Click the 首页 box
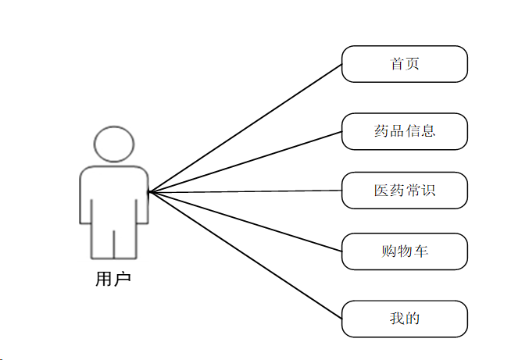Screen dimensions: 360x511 tap(405, 64)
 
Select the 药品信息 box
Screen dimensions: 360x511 tap(405, 131)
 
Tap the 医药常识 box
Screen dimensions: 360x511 tap(405, 191)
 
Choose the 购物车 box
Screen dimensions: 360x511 tap(405, 251)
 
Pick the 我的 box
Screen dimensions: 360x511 tap(405, 319)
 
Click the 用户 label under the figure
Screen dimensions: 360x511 tap(113, 279)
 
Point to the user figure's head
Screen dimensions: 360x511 tap(113, 144)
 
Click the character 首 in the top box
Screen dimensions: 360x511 tap(397, 64)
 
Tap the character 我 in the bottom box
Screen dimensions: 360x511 tap(397, 319)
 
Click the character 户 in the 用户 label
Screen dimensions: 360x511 tap(122, 279)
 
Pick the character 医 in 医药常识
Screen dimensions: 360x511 tap(381, 191)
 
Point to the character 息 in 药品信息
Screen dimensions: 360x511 tap(427, 131)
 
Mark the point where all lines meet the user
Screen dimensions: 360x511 tap(149, 191)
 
